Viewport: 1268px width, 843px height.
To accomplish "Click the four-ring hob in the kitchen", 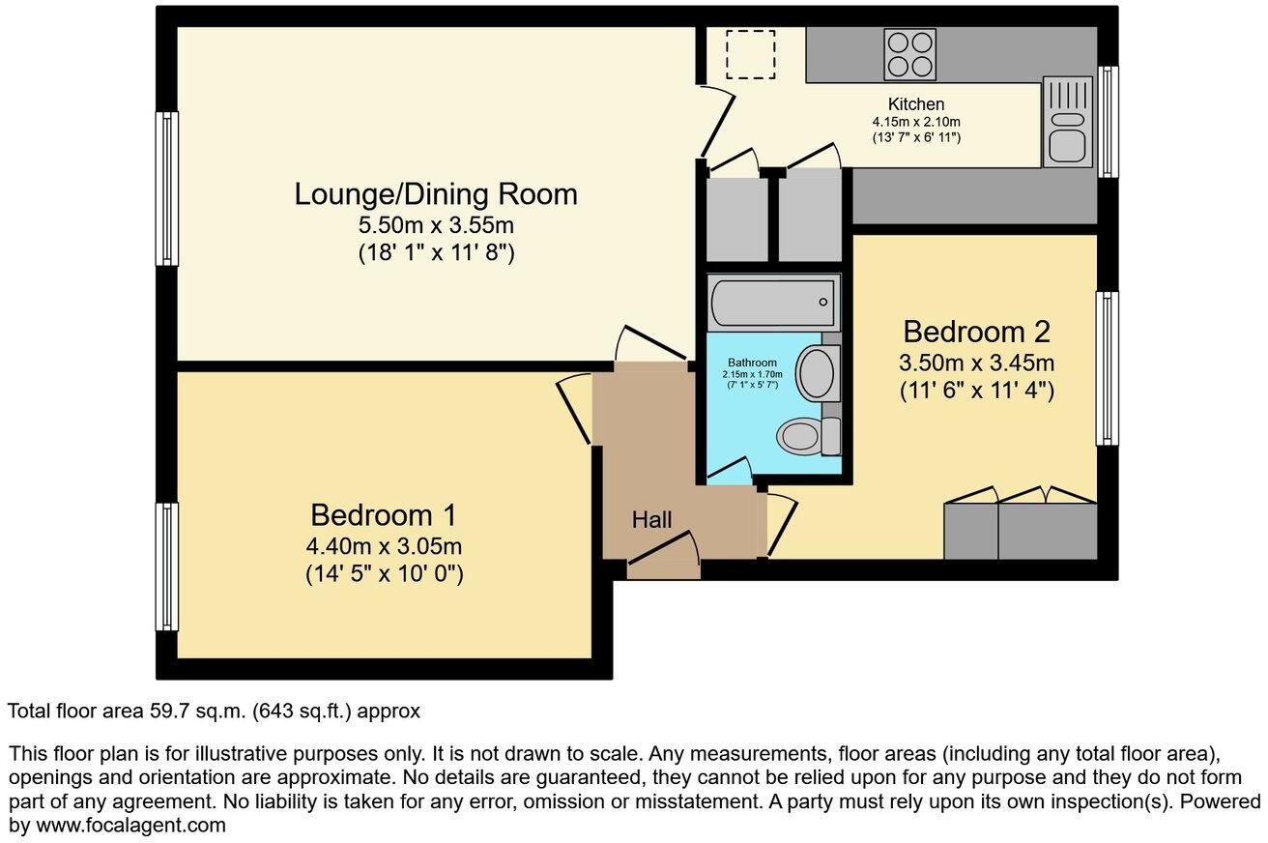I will [910, 54].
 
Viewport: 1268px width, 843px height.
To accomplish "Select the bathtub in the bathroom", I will [772, 302].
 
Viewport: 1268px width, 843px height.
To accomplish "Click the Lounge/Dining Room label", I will [435, 194].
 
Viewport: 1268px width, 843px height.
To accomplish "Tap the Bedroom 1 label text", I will [383, 513].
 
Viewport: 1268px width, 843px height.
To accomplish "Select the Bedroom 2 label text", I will [976, 332].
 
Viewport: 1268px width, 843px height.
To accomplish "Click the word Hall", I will [651, 520].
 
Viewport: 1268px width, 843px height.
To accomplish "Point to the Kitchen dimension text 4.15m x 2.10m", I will [916, 122].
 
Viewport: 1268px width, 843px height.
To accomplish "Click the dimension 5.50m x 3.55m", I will [435, 227].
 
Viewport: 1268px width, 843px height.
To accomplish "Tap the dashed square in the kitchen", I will [751, 55].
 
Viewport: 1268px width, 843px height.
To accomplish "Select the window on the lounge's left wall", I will [168, 189].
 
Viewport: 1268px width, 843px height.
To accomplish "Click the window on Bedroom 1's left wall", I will [168, 566].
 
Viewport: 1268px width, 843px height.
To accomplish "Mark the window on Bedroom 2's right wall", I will [1107, 368].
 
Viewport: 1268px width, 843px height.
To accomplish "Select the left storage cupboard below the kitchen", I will [737, 218].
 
